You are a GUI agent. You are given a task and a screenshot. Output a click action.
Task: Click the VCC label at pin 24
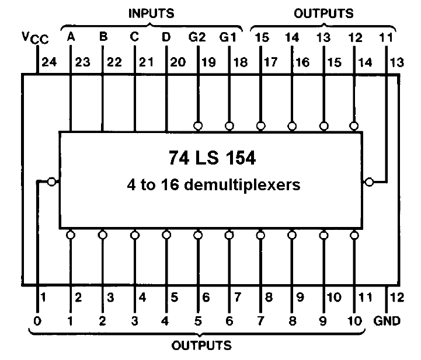coord(35,38)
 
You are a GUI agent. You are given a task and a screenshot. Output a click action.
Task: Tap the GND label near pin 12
coord(387,320)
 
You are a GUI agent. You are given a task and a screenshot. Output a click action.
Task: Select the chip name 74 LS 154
coord(212,158)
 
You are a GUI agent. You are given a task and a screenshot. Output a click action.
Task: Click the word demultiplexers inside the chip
coord(242,185)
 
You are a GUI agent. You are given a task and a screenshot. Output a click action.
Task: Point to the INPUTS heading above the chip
coord(151,13)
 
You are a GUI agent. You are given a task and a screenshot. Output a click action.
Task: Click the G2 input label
coord(197,37)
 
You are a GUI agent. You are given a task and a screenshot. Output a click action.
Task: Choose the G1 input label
coord(228,37)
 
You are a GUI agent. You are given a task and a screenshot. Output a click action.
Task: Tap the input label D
coord(166,37)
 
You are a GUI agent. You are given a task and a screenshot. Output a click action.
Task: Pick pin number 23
coord(82,62)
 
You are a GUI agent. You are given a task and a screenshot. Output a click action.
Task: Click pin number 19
coord(208,62)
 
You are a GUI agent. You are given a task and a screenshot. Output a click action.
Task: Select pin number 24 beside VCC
coord(50,62)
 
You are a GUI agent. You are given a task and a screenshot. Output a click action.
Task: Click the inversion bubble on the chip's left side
coord(51,182)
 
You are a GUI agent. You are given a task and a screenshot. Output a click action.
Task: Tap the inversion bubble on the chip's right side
coord(370,182)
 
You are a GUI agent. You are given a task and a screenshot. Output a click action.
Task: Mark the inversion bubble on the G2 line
coord(198,126)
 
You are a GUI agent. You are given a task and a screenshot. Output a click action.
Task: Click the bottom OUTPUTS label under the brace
coord(201,345)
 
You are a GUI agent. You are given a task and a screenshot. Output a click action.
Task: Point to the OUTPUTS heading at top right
coord(323,13)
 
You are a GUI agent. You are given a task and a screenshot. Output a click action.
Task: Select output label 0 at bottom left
coord(37,321)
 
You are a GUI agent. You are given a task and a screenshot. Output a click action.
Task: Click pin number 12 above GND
coord(397,297)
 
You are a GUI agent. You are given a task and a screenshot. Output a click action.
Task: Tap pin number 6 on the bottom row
coord(206,297)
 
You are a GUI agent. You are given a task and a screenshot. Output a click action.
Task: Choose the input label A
coord(71,37)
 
